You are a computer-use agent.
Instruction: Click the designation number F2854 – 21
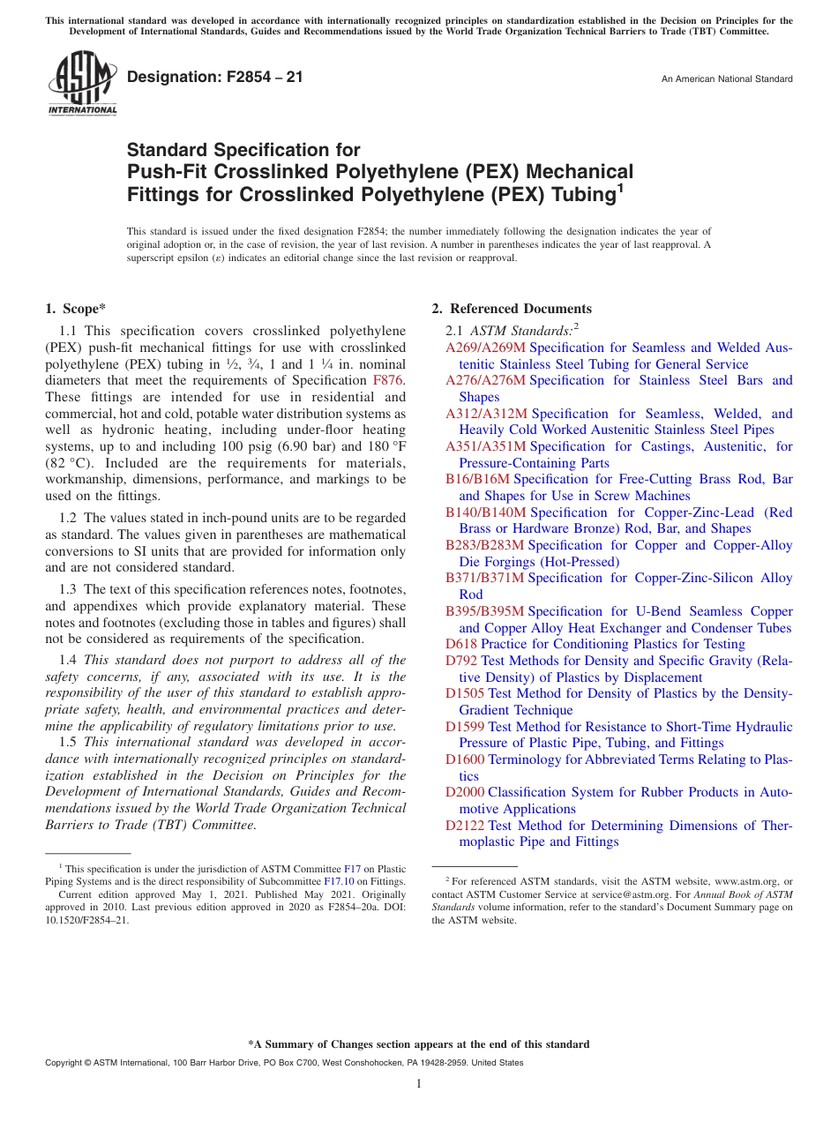click(215, 78)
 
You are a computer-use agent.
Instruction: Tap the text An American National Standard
click(727, 79)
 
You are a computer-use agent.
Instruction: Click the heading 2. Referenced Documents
click(512, 309)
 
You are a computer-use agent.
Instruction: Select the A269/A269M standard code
click(485, 348)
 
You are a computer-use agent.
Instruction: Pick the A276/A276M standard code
click(485, 380)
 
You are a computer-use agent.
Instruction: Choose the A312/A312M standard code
click(486, 414)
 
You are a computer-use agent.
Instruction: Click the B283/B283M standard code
click(484, 545)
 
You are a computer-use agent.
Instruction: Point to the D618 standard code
click(461, 644)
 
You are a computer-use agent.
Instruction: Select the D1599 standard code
click(465, 727)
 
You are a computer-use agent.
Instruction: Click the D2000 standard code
click(465, 792)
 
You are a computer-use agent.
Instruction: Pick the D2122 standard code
click(465, 826)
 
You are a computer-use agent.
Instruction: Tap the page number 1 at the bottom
click(419, 1083)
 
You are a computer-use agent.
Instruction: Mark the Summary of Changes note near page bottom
click(419, 1044)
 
